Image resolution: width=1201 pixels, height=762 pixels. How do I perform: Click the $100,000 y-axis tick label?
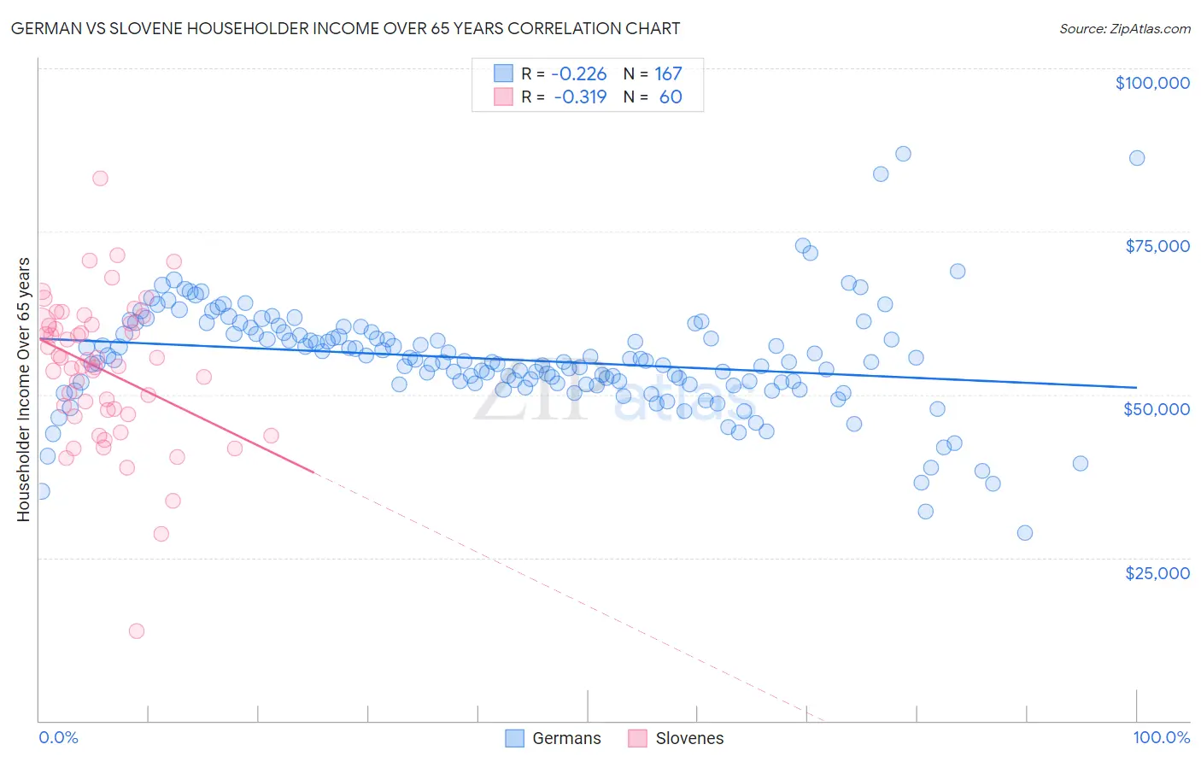(1152, 83)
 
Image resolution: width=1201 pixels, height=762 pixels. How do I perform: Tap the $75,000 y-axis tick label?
(1157, 246)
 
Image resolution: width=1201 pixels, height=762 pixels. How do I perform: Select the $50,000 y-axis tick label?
(1157, 409)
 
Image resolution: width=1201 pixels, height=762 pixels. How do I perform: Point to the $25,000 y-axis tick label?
(1157, 572)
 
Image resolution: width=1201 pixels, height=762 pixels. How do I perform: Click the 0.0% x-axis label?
(58, 737)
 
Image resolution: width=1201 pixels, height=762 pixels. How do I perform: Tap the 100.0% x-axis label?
(1161, 737)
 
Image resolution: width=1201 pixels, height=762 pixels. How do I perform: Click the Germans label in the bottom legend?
(566, 738)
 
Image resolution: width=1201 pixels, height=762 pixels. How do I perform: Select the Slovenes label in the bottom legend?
(689, 738)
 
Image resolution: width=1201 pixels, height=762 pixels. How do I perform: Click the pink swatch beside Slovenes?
(637, 738)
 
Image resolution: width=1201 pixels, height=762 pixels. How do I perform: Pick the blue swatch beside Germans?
(514, 738)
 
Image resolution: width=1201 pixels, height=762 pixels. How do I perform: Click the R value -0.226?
(579, 74)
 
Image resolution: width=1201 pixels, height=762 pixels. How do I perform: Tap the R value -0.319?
(580, 97)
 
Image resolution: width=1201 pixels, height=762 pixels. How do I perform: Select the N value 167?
(668, 74)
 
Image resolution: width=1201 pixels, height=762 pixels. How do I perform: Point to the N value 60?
(671, 97)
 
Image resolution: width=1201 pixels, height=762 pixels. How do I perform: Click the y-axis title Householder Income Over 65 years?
(24, 389)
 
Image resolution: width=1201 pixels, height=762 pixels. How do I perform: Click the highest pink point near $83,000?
(100, 179)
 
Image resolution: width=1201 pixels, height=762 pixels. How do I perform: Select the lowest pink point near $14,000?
(137, 631)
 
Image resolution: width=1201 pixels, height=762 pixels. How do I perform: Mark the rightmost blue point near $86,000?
(1137, 158)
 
